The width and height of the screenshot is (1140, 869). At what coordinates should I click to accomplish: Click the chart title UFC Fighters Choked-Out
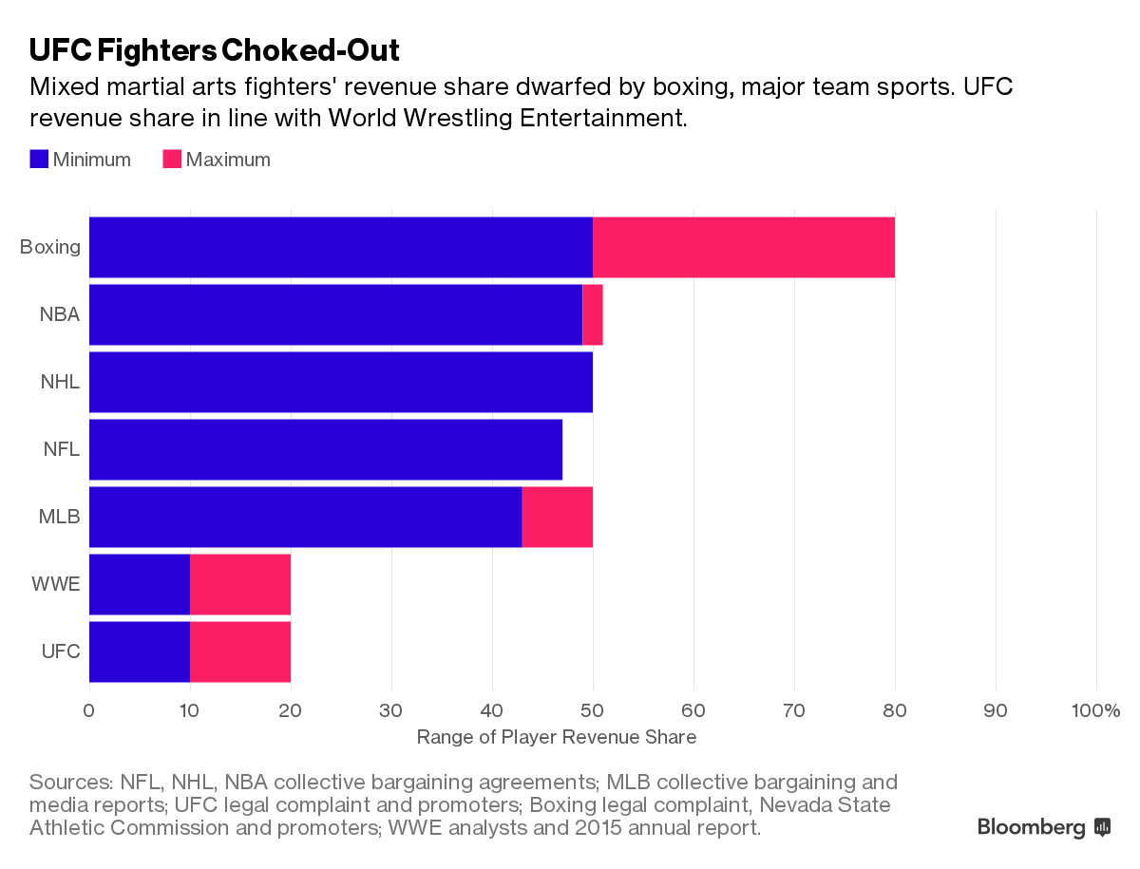tap(214, 49)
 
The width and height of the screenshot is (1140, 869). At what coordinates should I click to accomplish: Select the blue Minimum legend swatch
tap(39, 160)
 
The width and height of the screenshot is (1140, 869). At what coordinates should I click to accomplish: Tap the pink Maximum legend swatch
tap(172, 160)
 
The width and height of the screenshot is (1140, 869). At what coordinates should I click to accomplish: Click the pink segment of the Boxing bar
tap(743, 248)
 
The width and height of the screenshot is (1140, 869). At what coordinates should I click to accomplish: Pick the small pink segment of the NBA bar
tap(593, 315)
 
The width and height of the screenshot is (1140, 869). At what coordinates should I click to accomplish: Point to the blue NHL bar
tap(340, 383)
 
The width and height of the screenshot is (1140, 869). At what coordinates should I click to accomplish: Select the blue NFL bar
tap(325, 450)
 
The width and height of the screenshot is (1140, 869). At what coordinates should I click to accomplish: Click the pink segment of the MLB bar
tap(557, 518)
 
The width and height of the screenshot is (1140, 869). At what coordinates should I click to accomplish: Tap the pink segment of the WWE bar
tap(240, 585)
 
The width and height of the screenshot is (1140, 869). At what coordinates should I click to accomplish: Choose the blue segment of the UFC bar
tap(140, 652)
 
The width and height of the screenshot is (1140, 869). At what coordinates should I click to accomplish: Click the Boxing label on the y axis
tap(50, 248)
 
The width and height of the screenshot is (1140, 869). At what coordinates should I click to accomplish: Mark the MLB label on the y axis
tap(59, 518)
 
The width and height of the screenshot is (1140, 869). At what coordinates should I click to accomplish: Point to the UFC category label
tap(60, 652)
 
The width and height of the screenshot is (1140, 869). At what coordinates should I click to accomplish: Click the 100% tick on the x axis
tap(1095, 710)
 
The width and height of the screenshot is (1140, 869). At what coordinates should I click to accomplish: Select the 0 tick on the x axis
tap(89, 710)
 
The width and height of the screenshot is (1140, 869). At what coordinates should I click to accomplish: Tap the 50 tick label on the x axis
tap(593, 710)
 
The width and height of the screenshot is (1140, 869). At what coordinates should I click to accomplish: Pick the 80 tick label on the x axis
tap(895, 710)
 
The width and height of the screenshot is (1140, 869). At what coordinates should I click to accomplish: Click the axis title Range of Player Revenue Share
tap(557, 738)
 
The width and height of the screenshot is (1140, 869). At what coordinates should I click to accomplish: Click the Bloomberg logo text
tap(1032, 827)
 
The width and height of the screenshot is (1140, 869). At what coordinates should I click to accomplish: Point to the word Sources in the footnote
tap(70, 783)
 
